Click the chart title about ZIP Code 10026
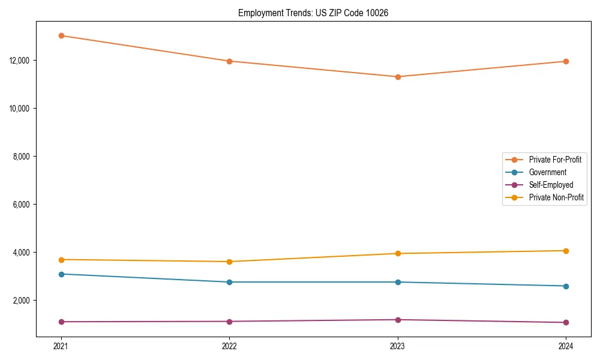tap(313, 13)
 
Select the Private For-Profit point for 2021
tap(61, 35)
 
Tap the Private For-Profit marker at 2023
tap(398, 77)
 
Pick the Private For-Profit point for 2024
tap(566, 61)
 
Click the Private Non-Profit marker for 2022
tap(229, 262)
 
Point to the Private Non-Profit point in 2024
tap(566, 251)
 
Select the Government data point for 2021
tap(61, 274)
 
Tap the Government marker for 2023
tap(398, 282)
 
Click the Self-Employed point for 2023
tap(398, 320)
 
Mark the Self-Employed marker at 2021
tap(61, 322)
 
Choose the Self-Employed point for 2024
tap(566, 322)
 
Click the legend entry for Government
tap(547, 172)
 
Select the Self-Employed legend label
tap(551, 185)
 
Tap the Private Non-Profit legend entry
tap(556, 197)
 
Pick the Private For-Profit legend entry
tap(555, 160)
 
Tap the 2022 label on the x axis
tap(229, 346)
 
